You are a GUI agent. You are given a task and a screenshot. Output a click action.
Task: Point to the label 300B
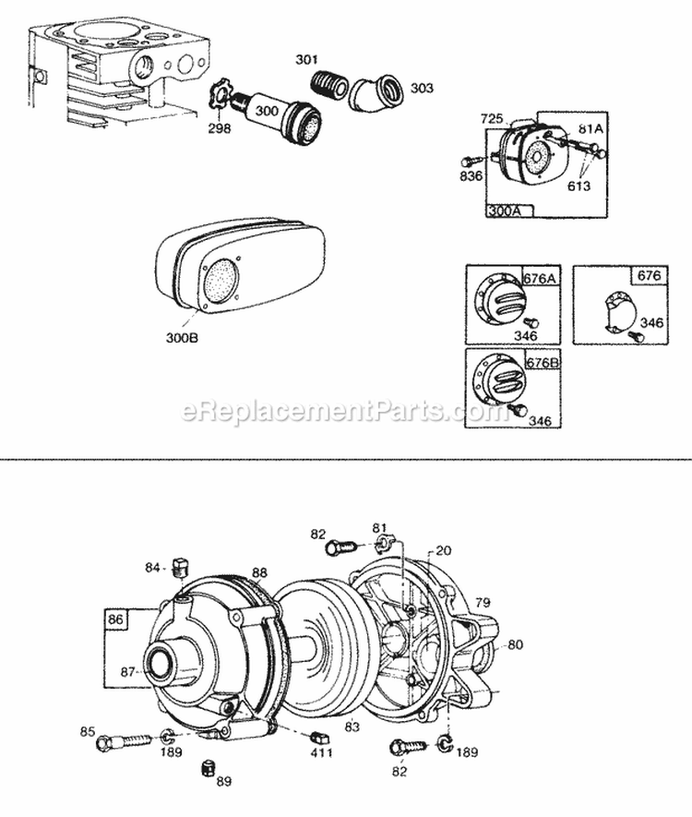coord(182,338)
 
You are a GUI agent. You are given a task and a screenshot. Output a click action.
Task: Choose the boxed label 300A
coord(504,210)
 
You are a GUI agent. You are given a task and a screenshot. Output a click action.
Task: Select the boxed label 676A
coord(542,277)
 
